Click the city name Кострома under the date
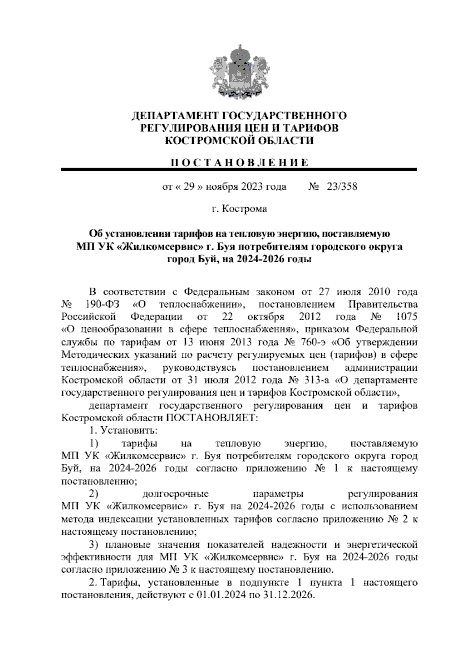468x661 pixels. point(245,209)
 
